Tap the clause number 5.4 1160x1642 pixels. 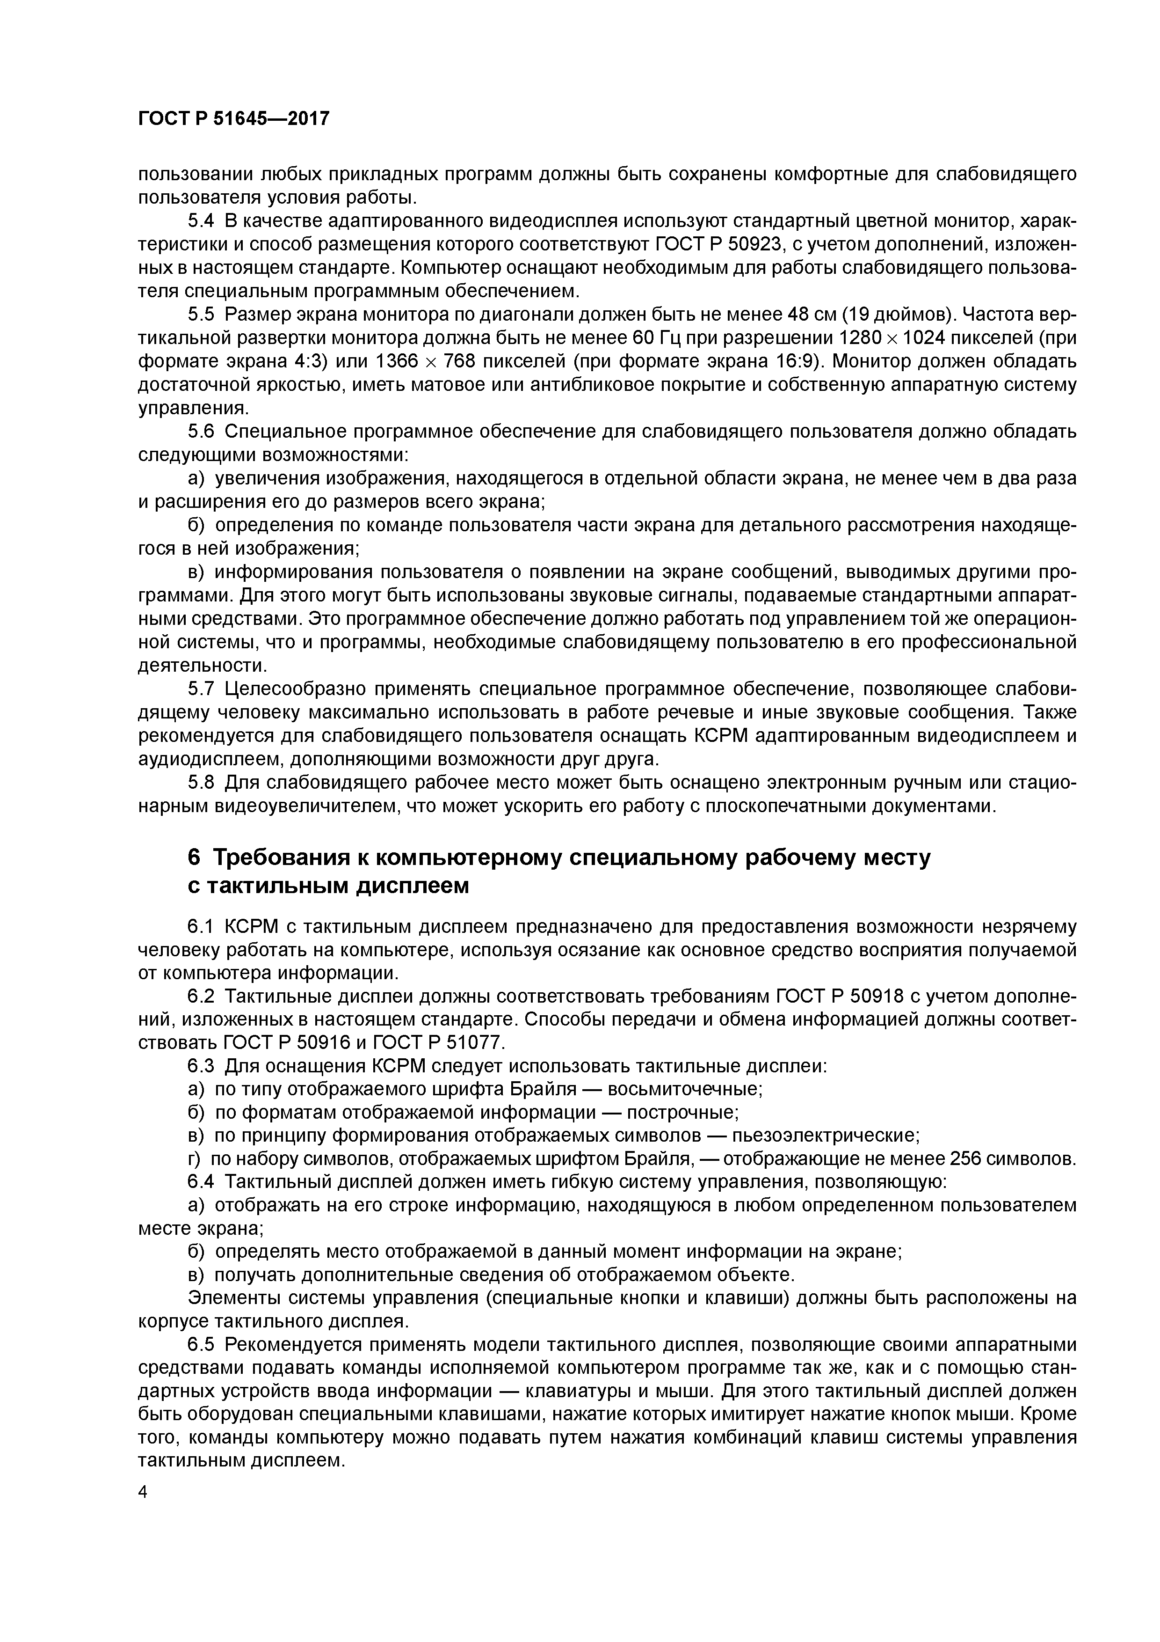(201, 221)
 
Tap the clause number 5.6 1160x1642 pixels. (201, 432)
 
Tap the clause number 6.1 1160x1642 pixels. (201, 927)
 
